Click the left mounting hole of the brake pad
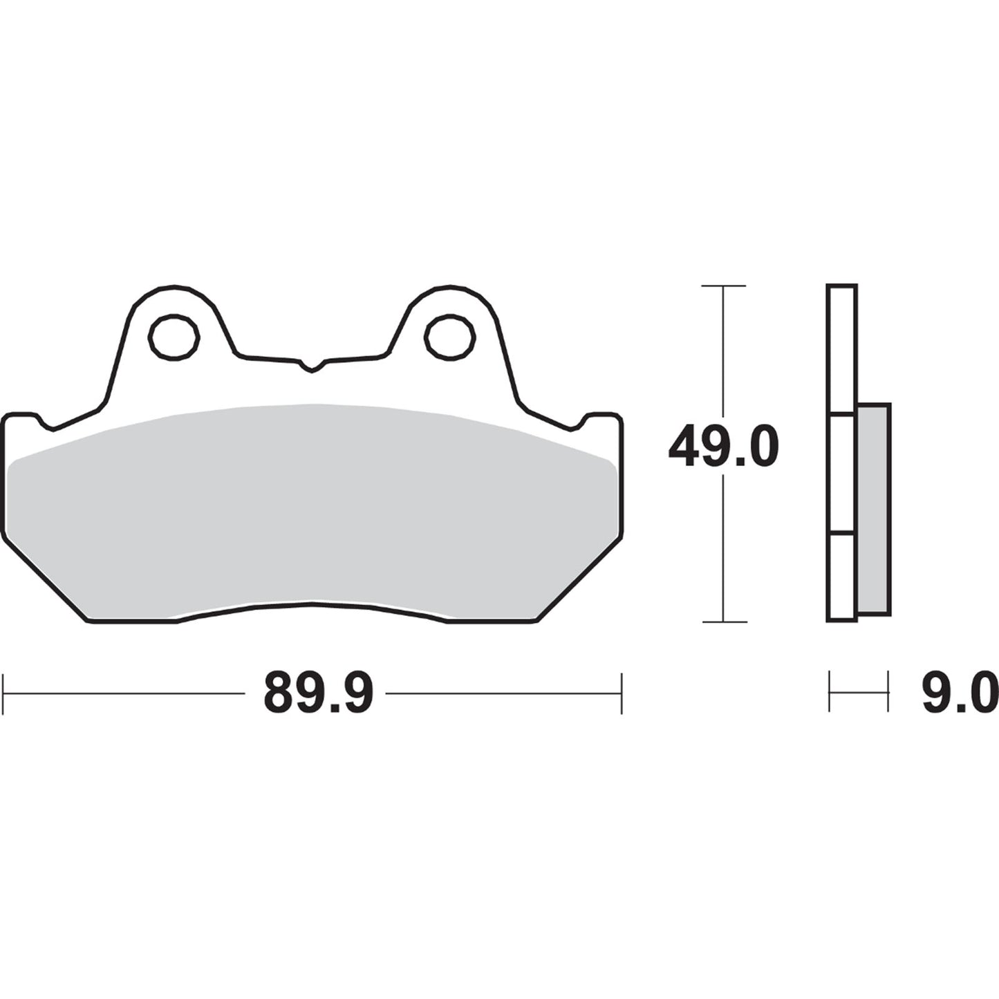click(x=174, y=337)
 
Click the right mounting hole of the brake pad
click(x=451, y=337)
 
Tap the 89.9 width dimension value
click(x=318, y=693)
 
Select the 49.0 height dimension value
click(x=723, y=447)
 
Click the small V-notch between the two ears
click(x=312, y=366)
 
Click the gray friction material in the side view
click(x=874, y=510)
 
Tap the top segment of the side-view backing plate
click(x=841, y=349)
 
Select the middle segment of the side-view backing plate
click(x=841, y=474)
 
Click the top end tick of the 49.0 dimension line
click(x=723, y=286)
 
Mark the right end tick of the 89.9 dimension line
click(x=622, y=693)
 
